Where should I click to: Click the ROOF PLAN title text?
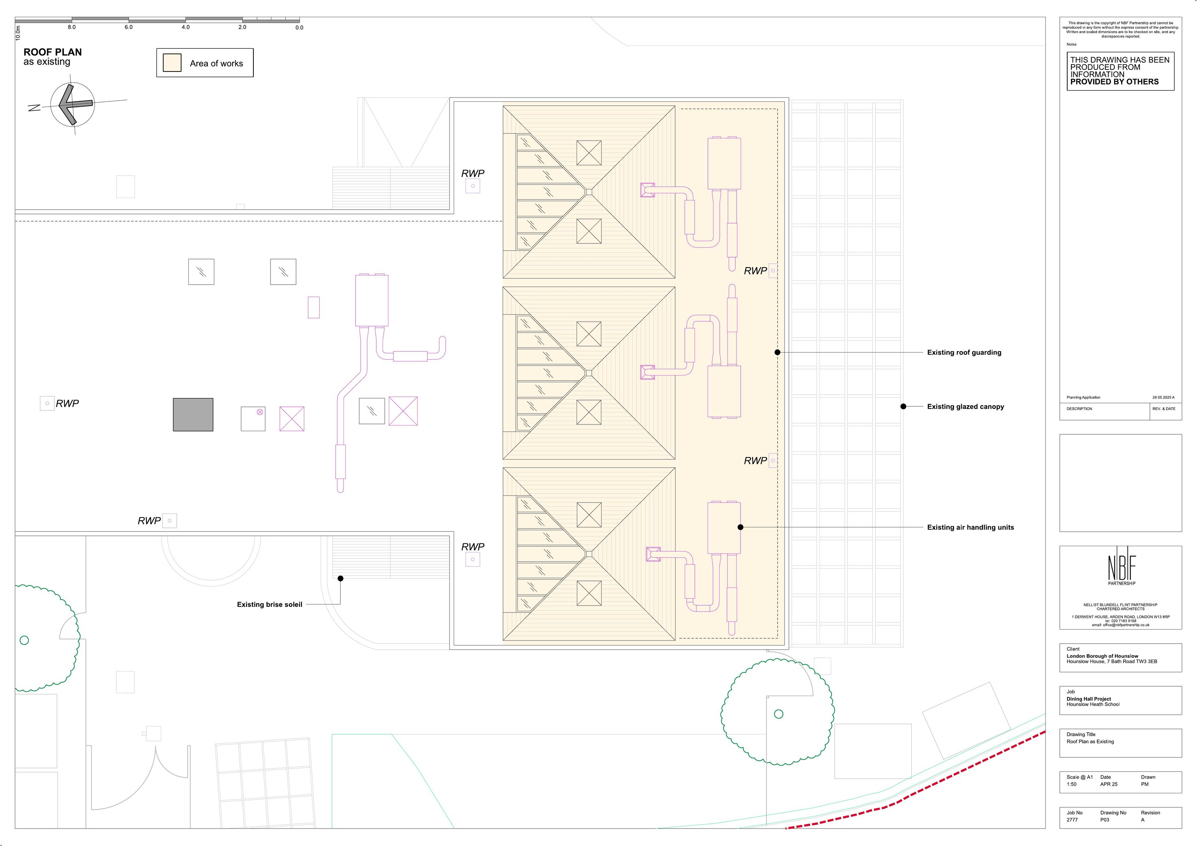[x=53, y=52]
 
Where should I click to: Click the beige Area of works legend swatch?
[x=172, y=63]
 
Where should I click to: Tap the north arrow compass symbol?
[x=73, y=104]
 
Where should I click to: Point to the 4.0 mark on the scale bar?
[x=186, y=27]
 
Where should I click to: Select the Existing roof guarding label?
[x=964, y=353]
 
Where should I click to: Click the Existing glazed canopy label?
[x=966, y=407]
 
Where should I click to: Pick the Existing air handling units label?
[x=970, y=527]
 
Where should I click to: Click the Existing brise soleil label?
[x=270, y=604]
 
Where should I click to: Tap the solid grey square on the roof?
[x=193, y=415]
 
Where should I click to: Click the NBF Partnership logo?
[x=1122, y=567]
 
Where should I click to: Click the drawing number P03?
[x=1105, y=820]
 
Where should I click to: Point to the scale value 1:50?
[x=1071, y=784]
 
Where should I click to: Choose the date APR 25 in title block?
[x=1108, y=784]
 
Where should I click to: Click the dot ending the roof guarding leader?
[x=777, y=353]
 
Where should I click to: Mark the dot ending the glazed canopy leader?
[x=903, y=406]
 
